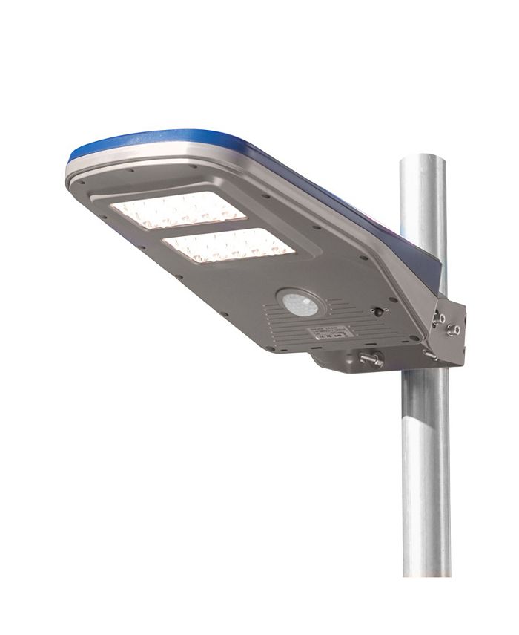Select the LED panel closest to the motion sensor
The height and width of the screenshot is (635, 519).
tap(228, 244)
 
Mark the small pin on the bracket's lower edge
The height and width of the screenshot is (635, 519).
tap(429, 355)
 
